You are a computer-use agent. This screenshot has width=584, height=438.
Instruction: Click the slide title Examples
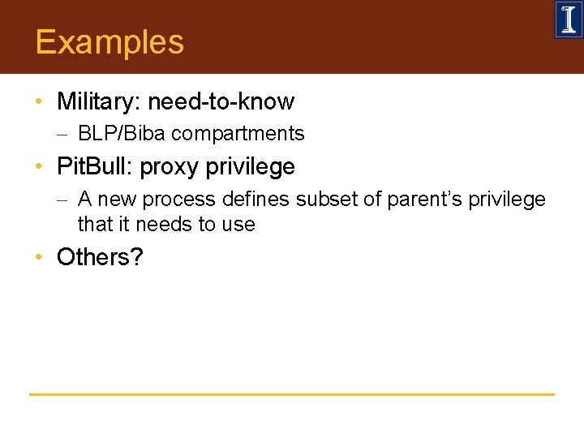coord(109,42)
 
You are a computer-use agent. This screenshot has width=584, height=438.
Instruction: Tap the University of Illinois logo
coord(568,19)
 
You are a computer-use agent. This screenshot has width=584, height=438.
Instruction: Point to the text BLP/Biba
coord(122,134)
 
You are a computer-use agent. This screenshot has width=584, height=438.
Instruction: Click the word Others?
coord(100,257)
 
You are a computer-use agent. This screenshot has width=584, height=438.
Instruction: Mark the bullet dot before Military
coord(38,102)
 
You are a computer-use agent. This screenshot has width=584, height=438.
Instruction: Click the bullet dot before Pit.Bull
coord(38,168)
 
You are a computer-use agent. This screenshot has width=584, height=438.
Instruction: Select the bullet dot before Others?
coord(38,257)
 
